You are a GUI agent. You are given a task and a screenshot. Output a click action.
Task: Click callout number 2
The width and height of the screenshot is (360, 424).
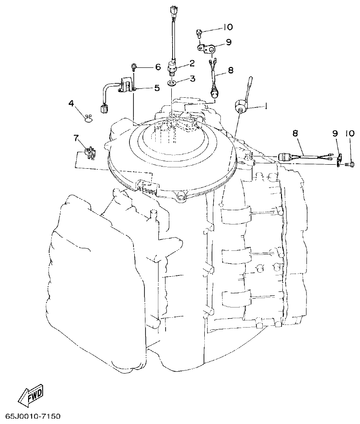(192, 63)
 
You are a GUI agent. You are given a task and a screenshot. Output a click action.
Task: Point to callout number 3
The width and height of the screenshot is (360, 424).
(192, 79)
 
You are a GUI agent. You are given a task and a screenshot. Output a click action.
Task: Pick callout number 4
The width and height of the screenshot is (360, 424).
(71, 103)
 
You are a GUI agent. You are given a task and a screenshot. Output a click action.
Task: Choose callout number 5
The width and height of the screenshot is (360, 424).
(157, 88)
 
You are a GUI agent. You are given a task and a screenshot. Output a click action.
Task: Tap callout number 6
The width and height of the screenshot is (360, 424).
(157, 67)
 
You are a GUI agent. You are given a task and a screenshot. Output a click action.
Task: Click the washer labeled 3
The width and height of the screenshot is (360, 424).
(172, 83)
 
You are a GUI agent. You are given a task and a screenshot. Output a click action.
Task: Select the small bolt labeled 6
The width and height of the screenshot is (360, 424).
(134, 67)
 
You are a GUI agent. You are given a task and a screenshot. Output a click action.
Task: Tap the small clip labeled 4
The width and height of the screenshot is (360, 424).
(88, 117)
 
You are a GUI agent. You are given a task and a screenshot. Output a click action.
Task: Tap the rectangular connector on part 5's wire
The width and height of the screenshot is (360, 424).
(105, 108)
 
